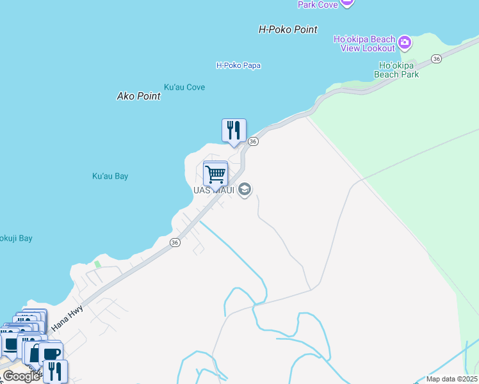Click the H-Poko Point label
[x=288, y=29]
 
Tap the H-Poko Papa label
[x=238, y=65]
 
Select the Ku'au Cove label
[x=184, y=87]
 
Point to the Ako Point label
[x=138, y=96]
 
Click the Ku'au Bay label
[x=110, y=176]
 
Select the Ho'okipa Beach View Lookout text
[x=364, y=44]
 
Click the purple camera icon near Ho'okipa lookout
[x=404, y=44]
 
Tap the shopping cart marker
[x=216, y=173]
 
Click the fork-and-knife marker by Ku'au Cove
[x=234, y=131]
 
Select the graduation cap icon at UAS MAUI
[x=244, y=189]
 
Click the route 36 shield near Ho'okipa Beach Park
[x=436, y=59]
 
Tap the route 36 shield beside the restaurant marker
[x=253, y=141]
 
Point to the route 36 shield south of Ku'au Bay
[x=175, y=243]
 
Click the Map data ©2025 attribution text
[x=451, y=379]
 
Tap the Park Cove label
[x=317, y=4]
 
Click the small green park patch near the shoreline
[x=97, y=264]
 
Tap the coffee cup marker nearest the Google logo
[x=51, y=353]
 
